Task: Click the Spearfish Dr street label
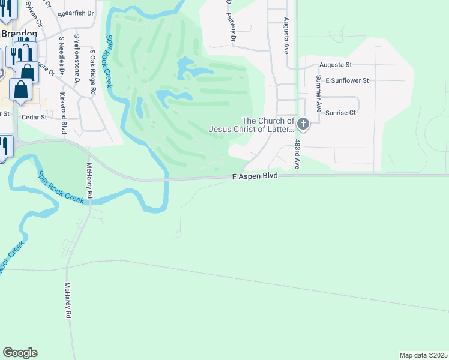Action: pyautogui.click(x=76, y=13)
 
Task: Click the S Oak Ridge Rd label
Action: pyautogui.click(x=92, y=72)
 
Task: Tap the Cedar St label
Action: pyautogui.click(x=34, y=117)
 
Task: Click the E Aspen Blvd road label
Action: pyautogui.click(x=255, y=176)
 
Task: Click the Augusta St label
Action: pyautogui.click(x=336, y=64)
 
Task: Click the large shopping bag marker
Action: pyautogui.click(x=22, y=89)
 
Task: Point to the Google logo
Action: pyautogui.click(x=20, y=353)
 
